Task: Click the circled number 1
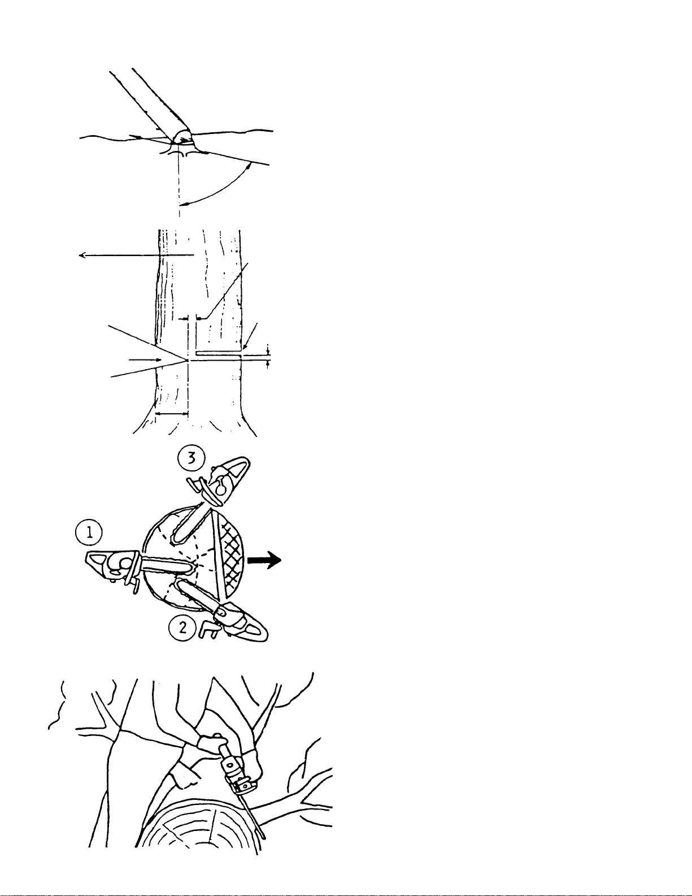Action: click(89, 533)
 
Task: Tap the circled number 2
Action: click(182, 628)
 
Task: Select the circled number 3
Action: click(192, 459)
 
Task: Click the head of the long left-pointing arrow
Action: click(81, 256)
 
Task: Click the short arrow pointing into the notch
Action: click(145, 360)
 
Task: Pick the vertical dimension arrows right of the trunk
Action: click(268, 356)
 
